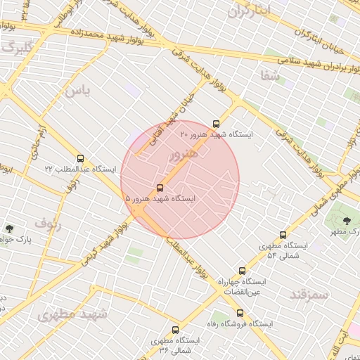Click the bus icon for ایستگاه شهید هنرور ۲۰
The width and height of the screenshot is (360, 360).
(216, 124)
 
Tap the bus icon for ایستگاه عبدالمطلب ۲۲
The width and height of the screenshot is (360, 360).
(79, 159)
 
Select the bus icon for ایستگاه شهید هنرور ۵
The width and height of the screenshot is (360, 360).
(160, 188)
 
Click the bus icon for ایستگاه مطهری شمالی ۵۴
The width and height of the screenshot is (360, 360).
(283, 235)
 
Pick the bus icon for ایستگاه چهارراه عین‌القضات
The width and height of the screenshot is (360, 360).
(243, 271)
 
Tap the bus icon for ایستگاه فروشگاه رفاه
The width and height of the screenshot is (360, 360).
(240, 313)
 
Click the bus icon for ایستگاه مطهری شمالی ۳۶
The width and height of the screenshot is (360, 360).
(175, 329)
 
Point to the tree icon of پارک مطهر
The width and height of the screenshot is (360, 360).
(347, 221)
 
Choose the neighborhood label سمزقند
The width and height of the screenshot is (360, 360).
(309, 294)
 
